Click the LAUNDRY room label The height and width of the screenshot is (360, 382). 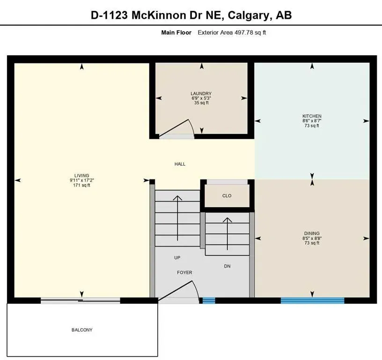point(201,93)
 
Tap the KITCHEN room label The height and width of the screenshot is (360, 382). point(311,116)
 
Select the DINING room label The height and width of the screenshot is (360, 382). point(311,233)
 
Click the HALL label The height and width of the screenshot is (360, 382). point(180,164)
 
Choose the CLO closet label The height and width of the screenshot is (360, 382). point(227,195)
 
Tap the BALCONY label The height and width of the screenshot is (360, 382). point(82,330)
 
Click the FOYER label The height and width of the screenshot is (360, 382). point(184,272)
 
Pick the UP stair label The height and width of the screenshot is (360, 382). point(177,258)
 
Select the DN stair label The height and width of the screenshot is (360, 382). point(227,266)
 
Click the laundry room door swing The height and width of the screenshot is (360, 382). point(180,127)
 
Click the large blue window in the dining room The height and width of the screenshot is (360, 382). point(312,300)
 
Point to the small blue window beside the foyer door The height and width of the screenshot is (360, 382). point(208,300)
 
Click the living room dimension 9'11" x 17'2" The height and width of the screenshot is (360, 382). point(81,180)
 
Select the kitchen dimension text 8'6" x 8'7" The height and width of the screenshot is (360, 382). point(311,121)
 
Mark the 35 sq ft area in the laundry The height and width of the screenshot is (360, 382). point(201,103)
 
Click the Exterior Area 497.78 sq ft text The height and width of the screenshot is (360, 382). point(232,33)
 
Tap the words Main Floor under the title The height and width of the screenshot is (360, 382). point(176,33)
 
